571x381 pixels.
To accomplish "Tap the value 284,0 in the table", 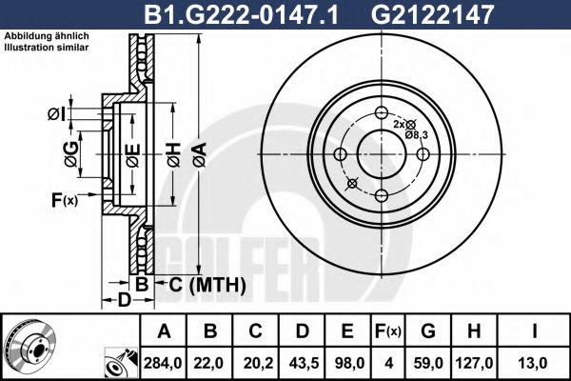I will (166, 363).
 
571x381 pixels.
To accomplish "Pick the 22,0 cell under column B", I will (211, 363).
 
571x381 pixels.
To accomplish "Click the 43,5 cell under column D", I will (302, 363).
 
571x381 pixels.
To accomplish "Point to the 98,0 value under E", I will (347, 363).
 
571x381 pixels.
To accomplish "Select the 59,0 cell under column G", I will (428, 363).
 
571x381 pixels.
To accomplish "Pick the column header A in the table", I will (166, 332).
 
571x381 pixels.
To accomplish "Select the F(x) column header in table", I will (388, 332).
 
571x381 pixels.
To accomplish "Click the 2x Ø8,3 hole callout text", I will (407, 130).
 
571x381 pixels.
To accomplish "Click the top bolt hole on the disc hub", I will (380, 112).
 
